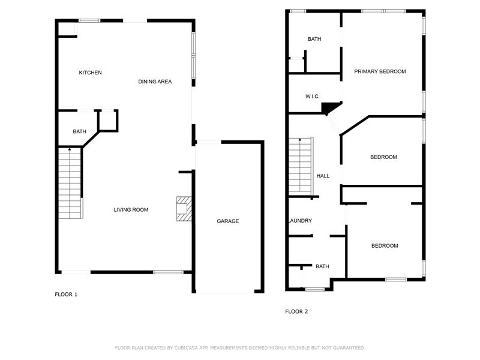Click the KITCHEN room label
91,73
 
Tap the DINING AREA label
155,82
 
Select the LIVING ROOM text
131,209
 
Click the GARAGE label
228,221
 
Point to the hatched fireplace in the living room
184,209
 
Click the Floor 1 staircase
70,183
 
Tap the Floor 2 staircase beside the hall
301,166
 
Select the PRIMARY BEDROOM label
380,71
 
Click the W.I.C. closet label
312,97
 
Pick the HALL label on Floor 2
323,176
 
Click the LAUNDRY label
301,220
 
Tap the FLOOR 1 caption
66,295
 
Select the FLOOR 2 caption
296,311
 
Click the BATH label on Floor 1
79,131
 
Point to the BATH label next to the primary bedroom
314,39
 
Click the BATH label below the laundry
322,266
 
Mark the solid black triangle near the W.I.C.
328,107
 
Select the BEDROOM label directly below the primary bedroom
383,157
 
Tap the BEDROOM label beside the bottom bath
385,245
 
